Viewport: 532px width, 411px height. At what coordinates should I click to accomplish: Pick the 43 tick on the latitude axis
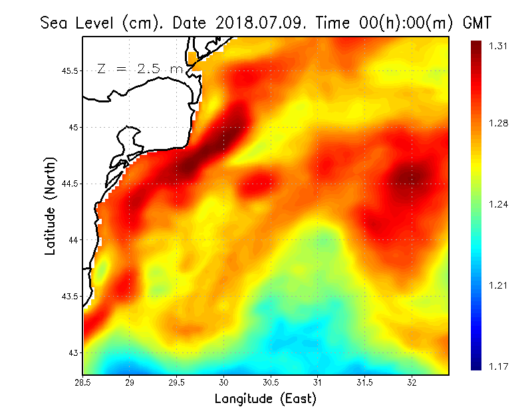point(74,352)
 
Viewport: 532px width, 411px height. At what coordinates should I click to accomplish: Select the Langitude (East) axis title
point(265,399)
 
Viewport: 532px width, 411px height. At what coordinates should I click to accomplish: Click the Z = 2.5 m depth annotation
point(140,68)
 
